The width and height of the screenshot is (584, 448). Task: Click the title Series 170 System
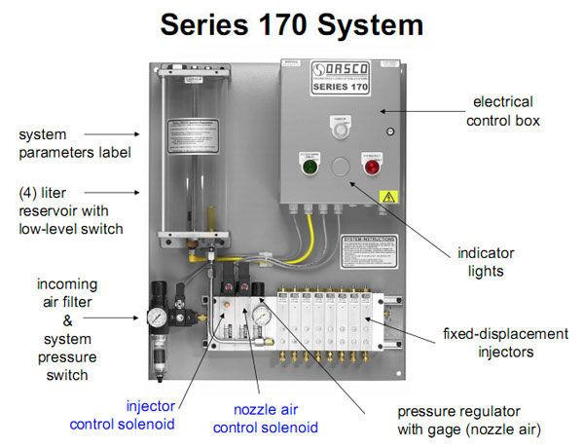pyautogui.click(x=291, y=24)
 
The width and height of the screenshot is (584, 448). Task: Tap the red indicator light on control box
pyautogui.click(x=371, y=167)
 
